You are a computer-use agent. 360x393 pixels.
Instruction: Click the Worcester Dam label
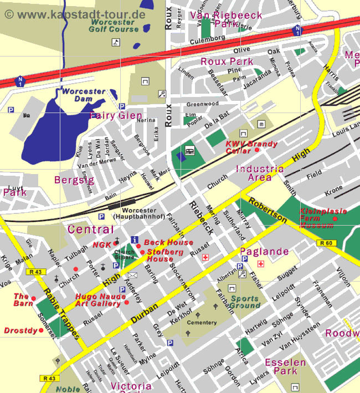coord(79,95)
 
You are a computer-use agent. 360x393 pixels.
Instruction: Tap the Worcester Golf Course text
coord(114,25)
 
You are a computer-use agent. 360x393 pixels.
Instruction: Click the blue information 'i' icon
coord(134,240)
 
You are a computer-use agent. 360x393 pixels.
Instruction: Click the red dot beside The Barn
coord(33,299)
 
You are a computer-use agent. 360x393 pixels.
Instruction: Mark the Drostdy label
coord(20,330)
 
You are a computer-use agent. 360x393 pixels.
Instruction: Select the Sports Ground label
coord(244,302)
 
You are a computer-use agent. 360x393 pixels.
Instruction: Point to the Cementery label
coord(202,323)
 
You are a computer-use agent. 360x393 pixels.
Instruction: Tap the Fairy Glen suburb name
coord(115,115)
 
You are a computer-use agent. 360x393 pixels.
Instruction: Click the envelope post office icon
coord(132,275)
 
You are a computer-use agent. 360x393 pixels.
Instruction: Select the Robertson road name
coord(267,210)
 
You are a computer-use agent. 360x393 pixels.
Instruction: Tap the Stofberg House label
coord(160,255)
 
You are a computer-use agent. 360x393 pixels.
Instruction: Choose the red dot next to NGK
coord(116,243)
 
